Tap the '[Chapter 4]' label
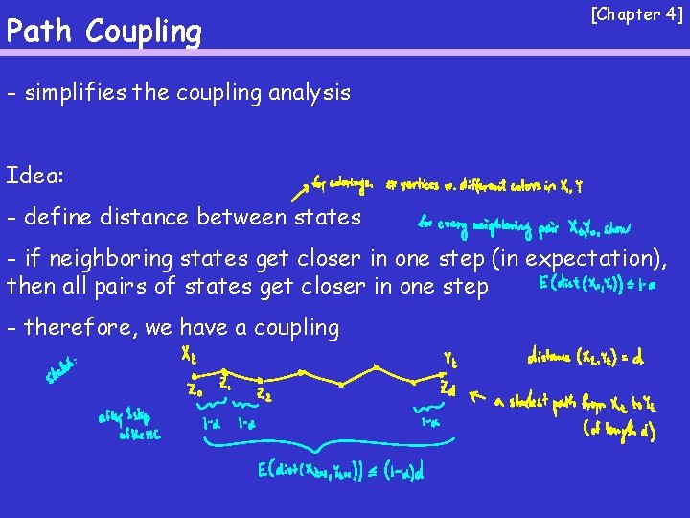637,14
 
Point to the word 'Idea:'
35,176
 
